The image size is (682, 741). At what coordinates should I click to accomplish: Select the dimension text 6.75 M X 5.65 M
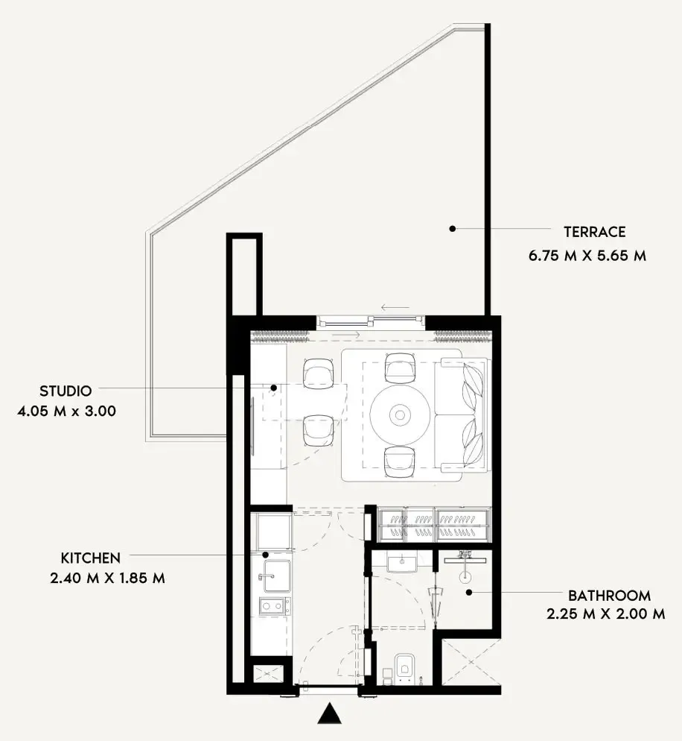point(587,256)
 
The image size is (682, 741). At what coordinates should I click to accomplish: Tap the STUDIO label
point(66,391)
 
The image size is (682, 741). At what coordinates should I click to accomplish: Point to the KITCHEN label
point(90,558)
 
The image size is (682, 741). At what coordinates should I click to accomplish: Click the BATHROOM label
point(609,596)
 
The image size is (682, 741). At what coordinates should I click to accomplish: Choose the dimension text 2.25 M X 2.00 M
point(605,615)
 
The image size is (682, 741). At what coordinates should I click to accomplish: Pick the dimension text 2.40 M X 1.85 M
point(112,578)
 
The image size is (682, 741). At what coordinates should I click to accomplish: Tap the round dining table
point(401,414)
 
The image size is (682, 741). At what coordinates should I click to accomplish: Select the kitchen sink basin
point(273,576)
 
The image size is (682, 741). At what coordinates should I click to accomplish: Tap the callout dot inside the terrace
point(452,228)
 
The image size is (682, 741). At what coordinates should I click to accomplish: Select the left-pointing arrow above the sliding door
point(394,307)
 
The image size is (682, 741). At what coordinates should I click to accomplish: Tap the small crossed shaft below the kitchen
point(267,674)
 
